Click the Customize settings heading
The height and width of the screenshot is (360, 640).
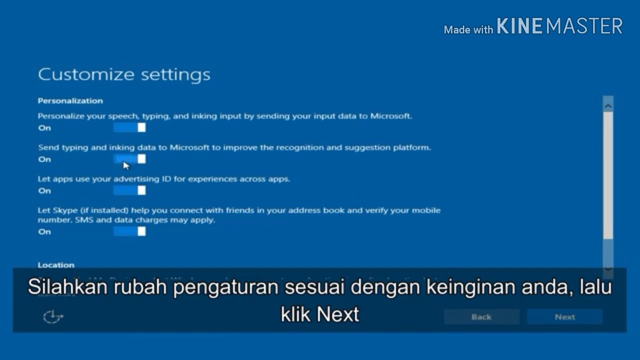pyautogui.click(x=124, y=74)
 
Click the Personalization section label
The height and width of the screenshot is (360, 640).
pyautogui.click(x=70, y=101)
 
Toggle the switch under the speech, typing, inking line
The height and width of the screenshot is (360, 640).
pyautogui.click(x=129, y=127)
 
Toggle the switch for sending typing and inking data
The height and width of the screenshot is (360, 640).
pyautogui.click(x=129, y=159)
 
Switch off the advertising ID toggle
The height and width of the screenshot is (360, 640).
pyautogui.click(x=129, y=190)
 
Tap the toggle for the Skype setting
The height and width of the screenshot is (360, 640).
pyautogui.click(x=129, y=231)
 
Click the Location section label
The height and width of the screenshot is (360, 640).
pyautogui.click(x=56, y=265)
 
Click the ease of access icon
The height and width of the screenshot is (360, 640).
pyautogui.click(x=53, y=316)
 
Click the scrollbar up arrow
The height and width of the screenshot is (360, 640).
pyautogui.click(x=608, y=105)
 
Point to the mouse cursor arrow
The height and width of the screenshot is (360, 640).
pyautogui.click(x=125, y=165)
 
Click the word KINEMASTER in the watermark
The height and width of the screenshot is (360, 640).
pyautogui.click(x=559, y=26)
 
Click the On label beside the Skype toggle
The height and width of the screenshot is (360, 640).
pyautogui.click(x=44, y=232)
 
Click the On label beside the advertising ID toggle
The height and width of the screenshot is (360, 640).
pyautogui.click(x=44, y=191)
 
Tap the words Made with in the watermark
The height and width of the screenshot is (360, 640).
pyautogui.click(x=468, y=30)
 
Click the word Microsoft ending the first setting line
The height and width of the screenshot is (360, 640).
pyautogui.click(x=390, y=116)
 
